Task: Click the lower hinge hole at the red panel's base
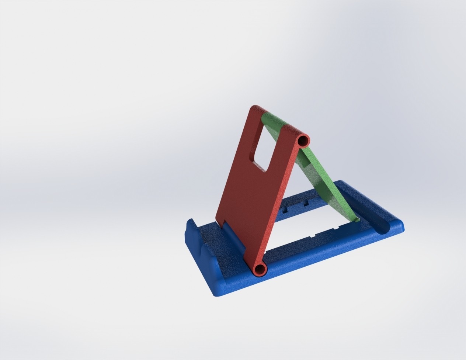(x=260, y=270)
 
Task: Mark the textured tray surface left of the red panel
(x=218, y=243)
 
